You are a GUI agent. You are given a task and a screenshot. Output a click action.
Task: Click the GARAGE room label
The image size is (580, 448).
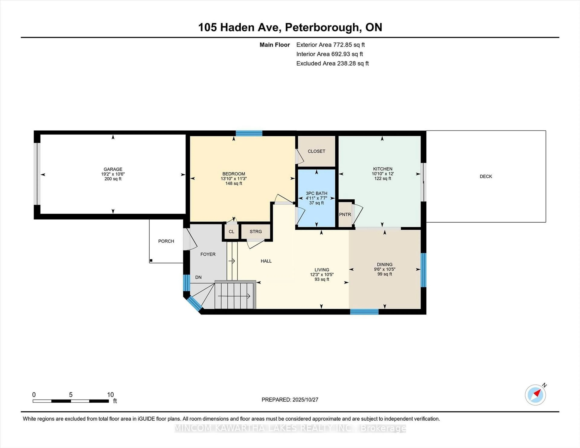pos(113,169)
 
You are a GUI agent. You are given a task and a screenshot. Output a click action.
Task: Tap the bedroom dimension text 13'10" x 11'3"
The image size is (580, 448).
pos(234,179)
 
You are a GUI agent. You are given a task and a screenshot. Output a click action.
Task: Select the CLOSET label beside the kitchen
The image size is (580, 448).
pos(316,151)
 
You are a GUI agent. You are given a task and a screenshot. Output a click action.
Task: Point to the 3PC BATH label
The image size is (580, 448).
pos(316,193)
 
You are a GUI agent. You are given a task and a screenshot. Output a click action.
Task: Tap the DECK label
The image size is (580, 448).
pos(486,176)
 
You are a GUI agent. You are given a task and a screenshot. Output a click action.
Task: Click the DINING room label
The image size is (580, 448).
pos(385,264)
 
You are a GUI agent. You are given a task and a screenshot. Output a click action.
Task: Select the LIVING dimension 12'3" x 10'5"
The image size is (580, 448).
pos(322,274)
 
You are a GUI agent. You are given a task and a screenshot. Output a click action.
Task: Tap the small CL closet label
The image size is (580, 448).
pos(231,231)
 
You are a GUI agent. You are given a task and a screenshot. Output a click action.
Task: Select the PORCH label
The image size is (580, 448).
pos(166,241)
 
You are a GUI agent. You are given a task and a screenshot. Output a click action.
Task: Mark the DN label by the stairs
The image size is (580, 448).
pos(198,277)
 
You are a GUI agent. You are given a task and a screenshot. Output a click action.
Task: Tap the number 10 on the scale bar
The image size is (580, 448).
pos(110,395)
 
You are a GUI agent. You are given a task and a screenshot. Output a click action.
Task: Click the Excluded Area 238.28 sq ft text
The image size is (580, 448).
pos(332,63)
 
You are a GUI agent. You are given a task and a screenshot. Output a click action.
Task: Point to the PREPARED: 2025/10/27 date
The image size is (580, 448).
pos(290,400)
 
